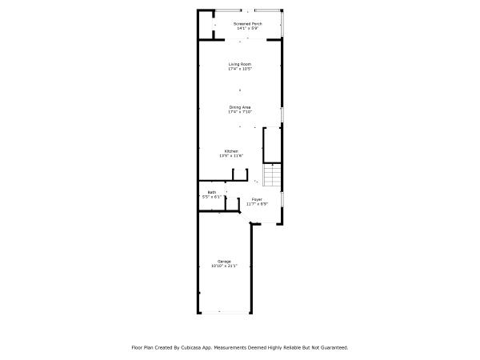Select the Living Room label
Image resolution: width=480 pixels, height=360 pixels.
click(x=240, y=64)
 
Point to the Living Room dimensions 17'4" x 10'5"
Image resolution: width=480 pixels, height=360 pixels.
click(x=240, y=69)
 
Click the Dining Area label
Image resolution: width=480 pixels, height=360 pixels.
click(x=240, y=107)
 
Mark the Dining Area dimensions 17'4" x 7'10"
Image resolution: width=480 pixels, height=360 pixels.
click(x=240, y=112)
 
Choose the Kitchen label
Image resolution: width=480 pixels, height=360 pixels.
click(x=230, y=151)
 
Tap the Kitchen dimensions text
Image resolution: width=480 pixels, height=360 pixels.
click(x=230, y=156)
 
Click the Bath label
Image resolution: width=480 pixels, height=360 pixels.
click(x=211, y=192)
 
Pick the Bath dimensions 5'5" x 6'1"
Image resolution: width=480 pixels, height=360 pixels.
click(x=211, y=197)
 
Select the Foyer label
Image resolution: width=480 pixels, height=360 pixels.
click(x=257, y=198)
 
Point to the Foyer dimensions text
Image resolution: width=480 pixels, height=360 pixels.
click(x=257, y=203)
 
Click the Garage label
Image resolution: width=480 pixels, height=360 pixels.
click(x=224, y=261)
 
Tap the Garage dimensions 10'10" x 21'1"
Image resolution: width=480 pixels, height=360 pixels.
click(x=224, y=266)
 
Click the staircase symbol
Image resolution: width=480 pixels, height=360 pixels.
click(x=273, y=174)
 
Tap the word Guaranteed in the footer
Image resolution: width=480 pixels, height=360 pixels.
click(x=334, y=348)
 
